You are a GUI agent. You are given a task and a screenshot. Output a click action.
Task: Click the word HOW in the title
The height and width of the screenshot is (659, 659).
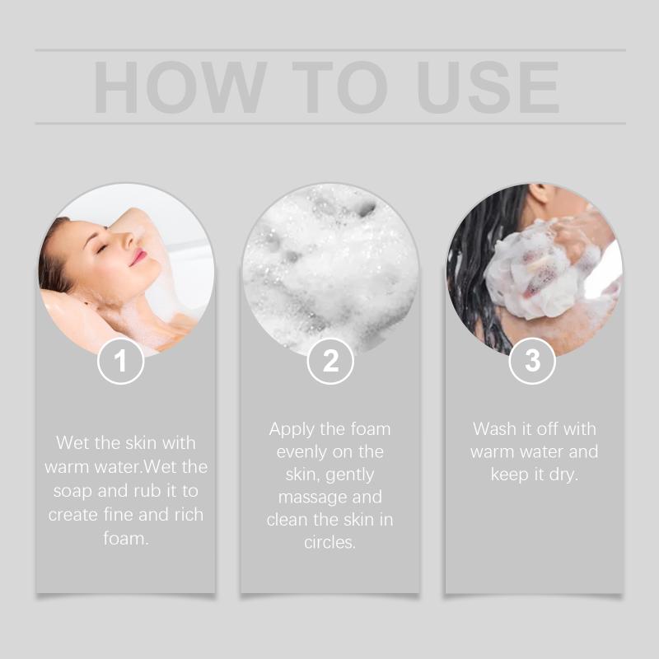[180, 87]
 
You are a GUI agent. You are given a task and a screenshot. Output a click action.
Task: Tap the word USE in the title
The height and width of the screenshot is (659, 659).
[488, 87]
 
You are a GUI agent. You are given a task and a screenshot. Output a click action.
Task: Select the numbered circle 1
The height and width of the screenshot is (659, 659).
[120, 361]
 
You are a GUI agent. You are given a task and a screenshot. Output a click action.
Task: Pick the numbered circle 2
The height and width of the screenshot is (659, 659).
[330, 361]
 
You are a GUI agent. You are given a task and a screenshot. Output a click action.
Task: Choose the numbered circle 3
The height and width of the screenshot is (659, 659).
[532, 361]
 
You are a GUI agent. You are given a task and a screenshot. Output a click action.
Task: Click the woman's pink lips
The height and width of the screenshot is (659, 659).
[138, 257]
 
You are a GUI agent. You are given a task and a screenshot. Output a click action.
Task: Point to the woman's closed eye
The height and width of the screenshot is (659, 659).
[102, 249]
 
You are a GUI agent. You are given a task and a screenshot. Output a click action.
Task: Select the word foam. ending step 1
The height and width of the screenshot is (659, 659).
[126, 538]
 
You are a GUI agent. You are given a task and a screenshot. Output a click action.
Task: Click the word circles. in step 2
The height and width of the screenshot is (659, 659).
[330, 542]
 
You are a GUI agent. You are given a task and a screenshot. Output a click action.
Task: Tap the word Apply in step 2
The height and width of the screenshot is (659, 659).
[291, 430]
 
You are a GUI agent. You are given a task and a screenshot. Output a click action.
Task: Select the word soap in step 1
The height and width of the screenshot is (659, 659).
[72, 491]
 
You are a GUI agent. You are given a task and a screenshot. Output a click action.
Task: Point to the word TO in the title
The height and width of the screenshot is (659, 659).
[339, 87]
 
